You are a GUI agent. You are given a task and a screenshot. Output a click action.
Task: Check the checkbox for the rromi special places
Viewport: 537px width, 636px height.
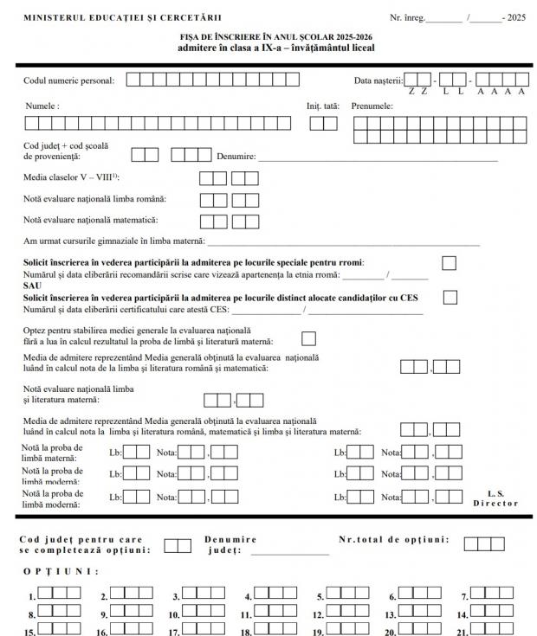[x=449, y=263]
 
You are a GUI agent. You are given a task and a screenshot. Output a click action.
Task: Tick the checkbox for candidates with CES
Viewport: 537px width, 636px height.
[x=449, y=298]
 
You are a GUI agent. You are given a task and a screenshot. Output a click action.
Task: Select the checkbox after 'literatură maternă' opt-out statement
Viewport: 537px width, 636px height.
[x=308, y=338]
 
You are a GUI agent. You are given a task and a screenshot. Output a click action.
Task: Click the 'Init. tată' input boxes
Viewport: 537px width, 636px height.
[x=323, y=123]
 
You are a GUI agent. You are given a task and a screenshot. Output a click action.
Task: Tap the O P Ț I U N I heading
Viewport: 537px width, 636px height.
[x=61, y=571]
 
